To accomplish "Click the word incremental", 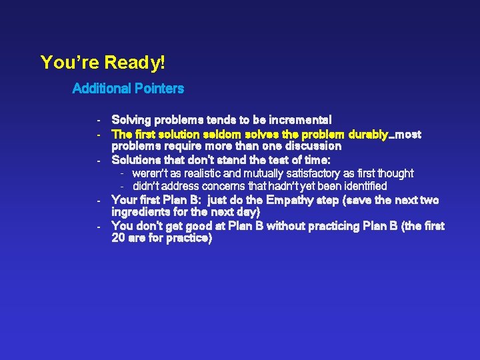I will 300,120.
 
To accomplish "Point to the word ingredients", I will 142,212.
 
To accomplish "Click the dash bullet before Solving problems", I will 98,121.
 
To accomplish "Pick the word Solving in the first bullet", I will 131,120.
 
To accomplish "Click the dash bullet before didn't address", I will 123,186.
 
